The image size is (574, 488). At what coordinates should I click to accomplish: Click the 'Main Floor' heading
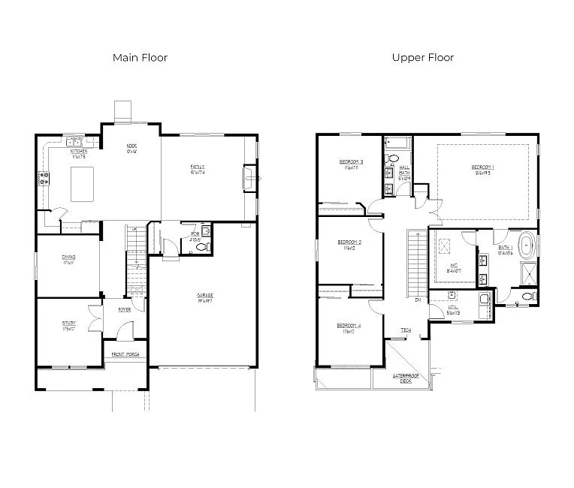pyautogui.click(x=140, y=58)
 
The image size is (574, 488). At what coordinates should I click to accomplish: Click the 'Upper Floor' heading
pyautogui.click(x=422, y=58)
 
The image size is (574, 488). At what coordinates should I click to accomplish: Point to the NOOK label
pyautogui.click(x=131, y=148)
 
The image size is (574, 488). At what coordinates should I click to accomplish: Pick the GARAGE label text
pyautogui.click(x=205, y=297)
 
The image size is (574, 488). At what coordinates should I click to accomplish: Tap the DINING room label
pyautogui.click(x=68, y=259)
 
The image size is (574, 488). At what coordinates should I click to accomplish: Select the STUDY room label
pyautogui.click(x=69, y=325)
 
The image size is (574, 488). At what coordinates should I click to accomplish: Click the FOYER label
pyautogui.click(x=125, y=309)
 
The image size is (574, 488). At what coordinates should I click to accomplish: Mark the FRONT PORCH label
pyautogui.click(x=125, y=354)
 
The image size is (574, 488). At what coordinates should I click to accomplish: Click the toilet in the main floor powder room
pyautogui.click(x=207, y=233)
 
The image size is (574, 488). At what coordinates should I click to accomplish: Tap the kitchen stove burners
pyautogui.click(x=44, y=179)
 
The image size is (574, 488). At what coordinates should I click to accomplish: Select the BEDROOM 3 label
pyautogui.click(x=351, y=164)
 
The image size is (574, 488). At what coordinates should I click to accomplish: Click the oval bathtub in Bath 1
pyautogui.click(x=527, y=246)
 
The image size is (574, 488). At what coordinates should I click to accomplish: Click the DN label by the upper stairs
pyautogui.click(x=417, y=300)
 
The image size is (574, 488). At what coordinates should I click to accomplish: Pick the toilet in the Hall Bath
pyautogui.click(x=392, y=158)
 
